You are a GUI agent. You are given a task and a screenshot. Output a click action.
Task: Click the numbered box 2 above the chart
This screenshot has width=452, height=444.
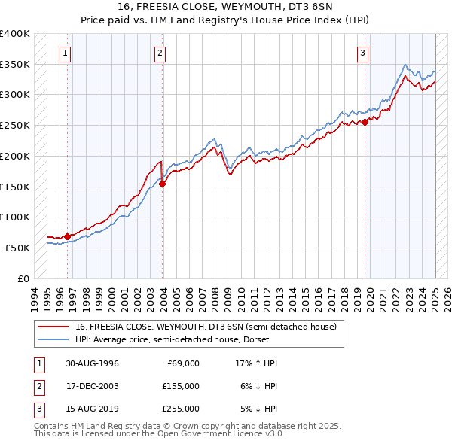tap(160, 53)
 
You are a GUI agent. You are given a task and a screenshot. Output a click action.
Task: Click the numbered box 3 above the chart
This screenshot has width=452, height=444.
tap(363, 53)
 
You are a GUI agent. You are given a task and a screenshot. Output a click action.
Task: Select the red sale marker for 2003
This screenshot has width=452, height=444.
tap(163, 184)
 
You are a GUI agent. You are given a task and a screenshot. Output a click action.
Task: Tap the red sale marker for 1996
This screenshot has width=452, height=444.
tap(67, 236)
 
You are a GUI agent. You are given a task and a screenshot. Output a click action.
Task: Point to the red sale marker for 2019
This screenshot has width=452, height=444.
tap(365, 122)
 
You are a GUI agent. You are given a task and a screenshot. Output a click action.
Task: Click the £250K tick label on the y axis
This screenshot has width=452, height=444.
tap(15, 125)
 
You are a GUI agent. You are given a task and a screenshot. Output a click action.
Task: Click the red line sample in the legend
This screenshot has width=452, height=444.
tap(54, 326)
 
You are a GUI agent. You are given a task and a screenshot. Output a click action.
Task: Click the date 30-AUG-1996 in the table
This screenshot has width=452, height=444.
tap(92, 363)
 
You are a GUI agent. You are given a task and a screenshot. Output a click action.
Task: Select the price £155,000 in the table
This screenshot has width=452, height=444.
tap(180, 386)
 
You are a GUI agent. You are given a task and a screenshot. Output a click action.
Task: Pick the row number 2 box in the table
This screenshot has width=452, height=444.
tap(38, 386)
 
